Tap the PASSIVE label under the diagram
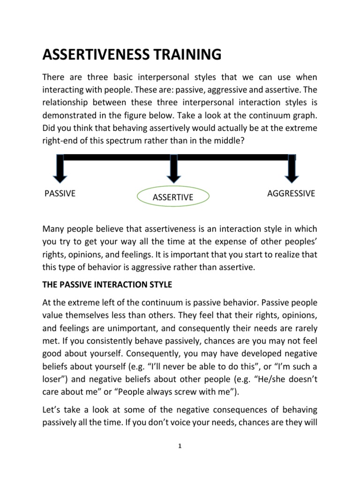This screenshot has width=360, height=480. [x=60, y=194]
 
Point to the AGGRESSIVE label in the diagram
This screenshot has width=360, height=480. [x=291, y=194]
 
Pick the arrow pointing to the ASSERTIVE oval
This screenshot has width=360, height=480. [x=173, y=169]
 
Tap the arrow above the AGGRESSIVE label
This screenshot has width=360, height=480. [x=292, y=169]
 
